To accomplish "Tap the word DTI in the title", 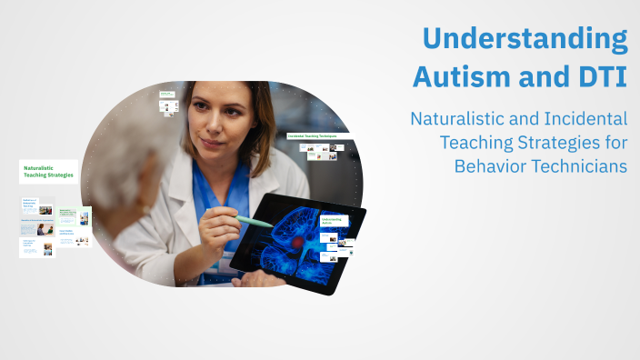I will pos(600,77).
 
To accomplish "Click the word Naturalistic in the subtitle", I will pos(460,119).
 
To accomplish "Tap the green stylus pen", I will pos(254,221).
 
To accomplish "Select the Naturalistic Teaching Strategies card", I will pos(48,171).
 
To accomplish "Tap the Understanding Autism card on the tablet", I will pos(331,222).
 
